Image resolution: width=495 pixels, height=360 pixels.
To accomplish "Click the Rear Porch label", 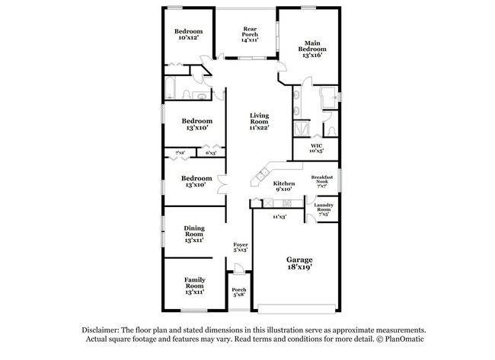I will pyautogui.click(x=249, y=34).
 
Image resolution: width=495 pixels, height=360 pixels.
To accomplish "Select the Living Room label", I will pyautogui.click(x=260, y=122).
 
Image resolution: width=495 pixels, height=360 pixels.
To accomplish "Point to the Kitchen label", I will pyautogui.click(x=283, y=186).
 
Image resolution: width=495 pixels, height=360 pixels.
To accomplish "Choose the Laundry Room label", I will pyautogui.click(x=324, y=209).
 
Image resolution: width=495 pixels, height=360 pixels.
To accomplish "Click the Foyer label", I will pyautogui.click(x=240, y=247).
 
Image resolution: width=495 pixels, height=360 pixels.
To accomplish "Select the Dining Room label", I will pyautogui.click(x=193, y=234).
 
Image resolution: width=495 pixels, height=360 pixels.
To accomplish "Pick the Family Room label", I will pyautogui.click(x=194, y=285).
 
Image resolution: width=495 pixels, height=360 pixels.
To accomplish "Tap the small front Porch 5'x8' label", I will pyautogui.click(x=239, y=292).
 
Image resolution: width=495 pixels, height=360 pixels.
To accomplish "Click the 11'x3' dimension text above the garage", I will pyautogui.click(x=279, y=217).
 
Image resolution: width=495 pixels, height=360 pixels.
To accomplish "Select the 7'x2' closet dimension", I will pyautogui.click(x=180, y=153).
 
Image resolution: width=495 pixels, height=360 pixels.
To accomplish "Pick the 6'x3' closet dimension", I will pyautogui.click(x=211, y=153).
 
